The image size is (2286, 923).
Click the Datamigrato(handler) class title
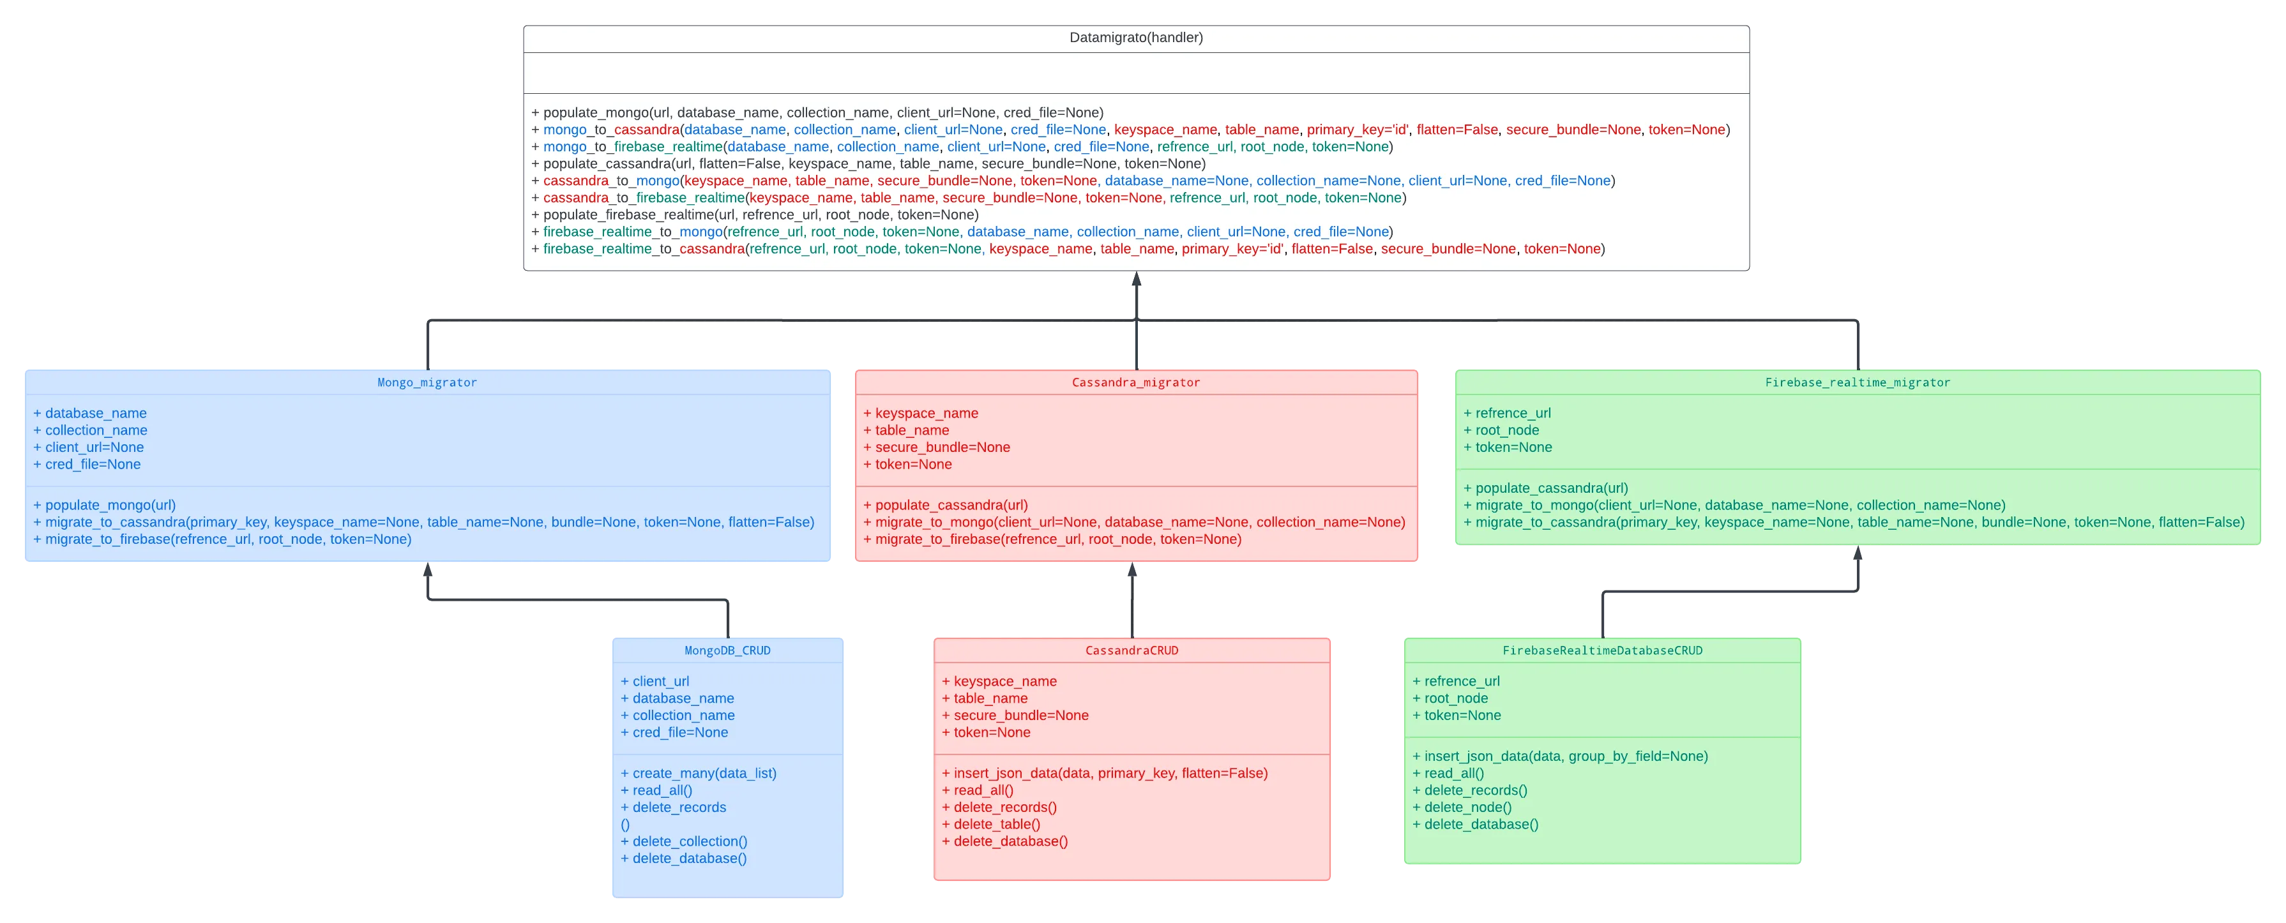coord(1136,37)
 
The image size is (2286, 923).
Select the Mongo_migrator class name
coord(427,382)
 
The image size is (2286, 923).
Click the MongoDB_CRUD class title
coord(727,650)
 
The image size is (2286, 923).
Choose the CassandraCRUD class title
coord(1132,650)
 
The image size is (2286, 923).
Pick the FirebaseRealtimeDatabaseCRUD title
coord(1602,650)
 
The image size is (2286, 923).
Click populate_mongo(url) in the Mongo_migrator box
coord(105,505)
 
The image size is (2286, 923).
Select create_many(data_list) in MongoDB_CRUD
coord(699,773)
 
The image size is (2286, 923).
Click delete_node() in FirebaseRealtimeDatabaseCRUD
coord(1462,807)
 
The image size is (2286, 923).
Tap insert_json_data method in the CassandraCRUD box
coord(1104,773)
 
